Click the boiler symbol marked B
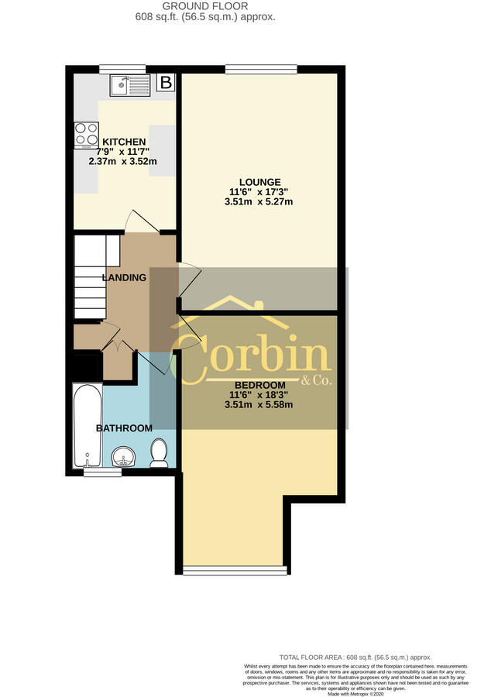pos(165,82)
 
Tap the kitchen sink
pos(129,84)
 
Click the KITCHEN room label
pos(124,142)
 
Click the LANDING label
pos(124,277)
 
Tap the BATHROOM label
pos(124,427)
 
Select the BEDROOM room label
pos(260,385)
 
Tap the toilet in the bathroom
pos(160,454)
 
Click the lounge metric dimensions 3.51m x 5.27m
pos(259,202)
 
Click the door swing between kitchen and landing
pos(143,221)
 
